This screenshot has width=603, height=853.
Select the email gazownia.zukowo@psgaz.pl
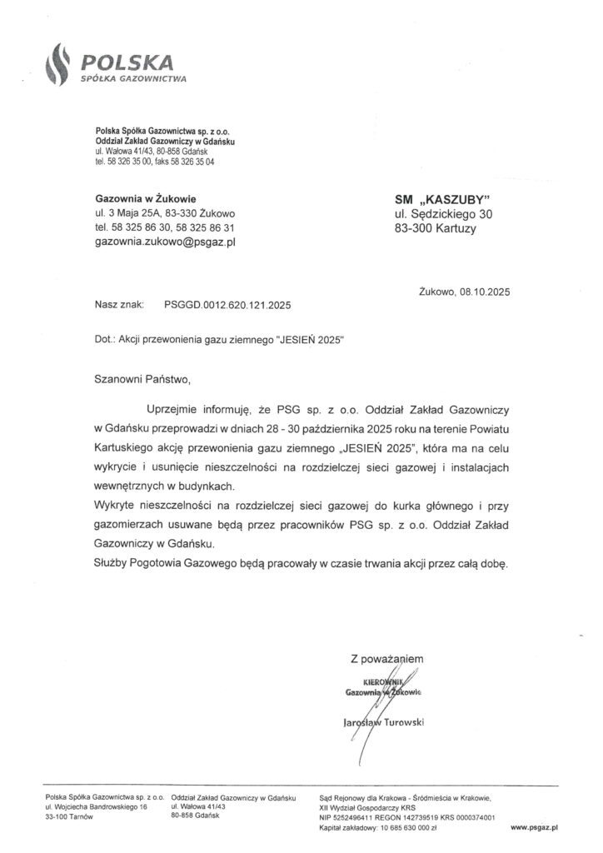click(167, 242)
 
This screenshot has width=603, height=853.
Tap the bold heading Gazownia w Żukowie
click(146, 198)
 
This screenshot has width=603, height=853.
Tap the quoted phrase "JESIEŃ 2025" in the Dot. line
click(307, 342)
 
